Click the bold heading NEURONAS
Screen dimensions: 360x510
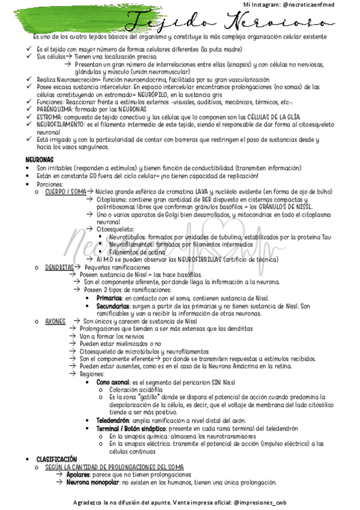point(39,159)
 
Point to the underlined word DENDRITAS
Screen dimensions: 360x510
point(59,266)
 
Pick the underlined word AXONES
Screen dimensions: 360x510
point(55,321)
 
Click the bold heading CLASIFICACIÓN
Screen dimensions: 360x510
point(56,459)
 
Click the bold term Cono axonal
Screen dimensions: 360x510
point(112,382)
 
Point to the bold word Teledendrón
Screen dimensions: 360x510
point(113,420)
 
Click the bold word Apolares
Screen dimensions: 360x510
point(79,475)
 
